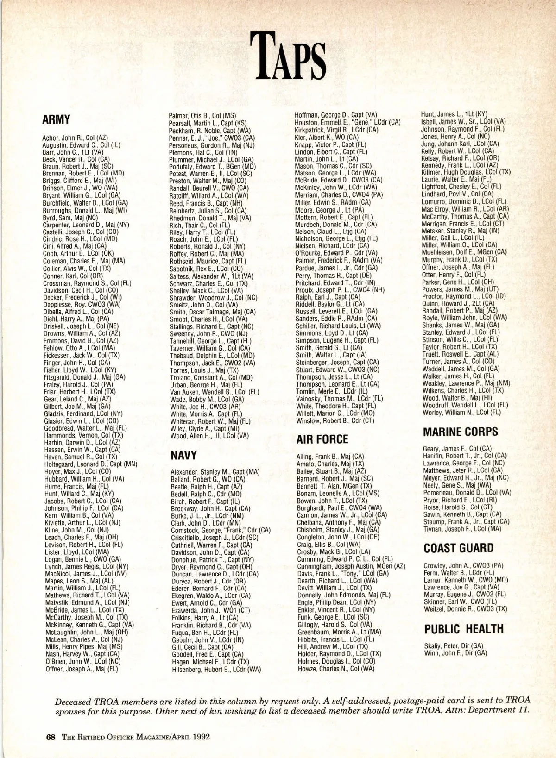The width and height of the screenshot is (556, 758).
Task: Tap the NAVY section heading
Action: pos(184,455)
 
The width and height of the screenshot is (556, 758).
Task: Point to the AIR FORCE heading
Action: pos(322,439)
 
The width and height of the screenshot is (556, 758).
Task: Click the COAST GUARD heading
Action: pos(459,548)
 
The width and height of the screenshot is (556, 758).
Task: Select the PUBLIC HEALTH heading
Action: pos(464,629)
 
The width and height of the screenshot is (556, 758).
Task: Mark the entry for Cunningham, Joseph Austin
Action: pos(351,566)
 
